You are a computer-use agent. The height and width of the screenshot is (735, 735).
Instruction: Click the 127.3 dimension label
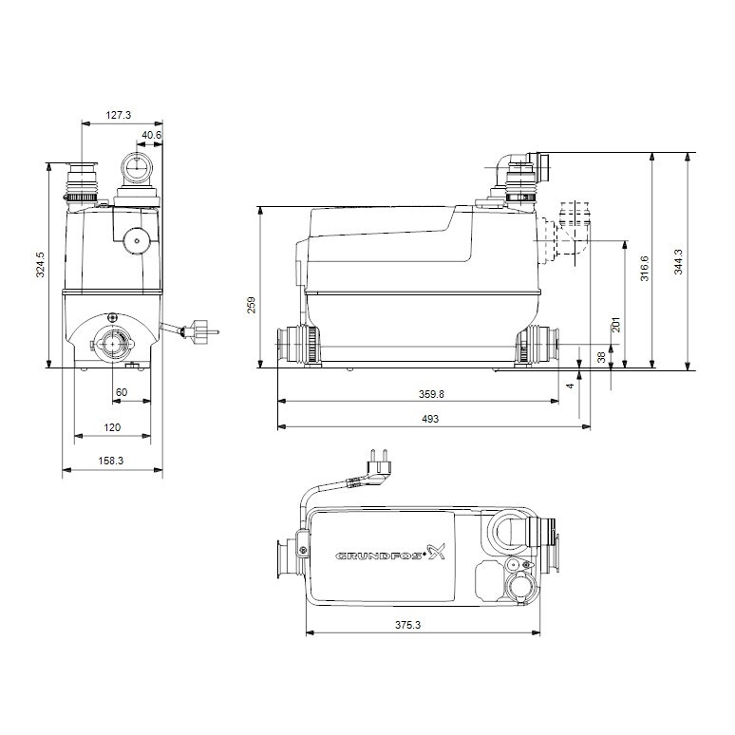point(118,115)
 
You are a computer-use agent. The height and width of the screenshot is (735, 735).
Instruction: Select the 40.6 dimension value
point(152,136)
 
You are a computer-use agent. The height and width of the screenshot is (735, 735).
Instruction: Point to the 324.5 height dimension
point(40,264)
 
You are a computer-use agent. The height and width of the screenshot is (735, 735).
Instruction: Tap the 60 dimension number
point(122,392)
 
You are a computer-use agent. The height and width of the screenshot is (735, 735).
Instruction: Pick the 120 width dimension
point(111,428)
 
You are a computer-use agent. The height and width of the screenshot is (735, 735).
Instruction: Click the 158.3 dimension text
point(111,461)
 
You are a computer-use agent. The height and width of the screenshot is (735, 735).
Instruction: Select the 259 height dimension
point(252,305)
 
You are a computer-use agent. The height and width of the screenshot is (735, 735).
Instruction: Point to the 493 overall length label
point(433,419)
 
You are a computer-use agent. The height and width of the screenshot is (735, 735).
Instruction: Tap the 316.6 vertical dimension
point(645,269)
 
